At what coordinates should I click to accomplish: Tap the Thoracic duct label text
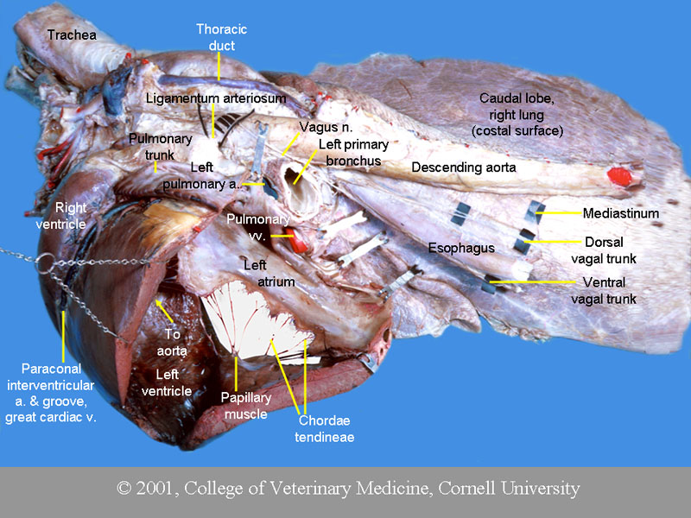(215, 37)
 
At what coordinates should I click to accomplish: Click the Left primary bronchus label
(353, 152)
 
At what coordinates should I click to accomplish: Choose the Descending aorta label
(463, 167)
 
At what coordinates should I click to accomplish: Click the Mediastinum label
(620, 212)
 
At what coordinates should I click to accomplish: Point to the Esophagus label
(461, 248)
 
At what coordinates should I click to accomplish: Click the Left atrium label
(269, 273)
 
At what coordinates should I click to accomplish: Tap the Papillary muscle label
(244, 406)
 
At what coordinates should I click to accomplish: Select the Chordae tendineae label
(326, 428)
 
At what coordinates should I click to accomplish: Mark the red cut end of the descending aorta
(619, 177)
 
